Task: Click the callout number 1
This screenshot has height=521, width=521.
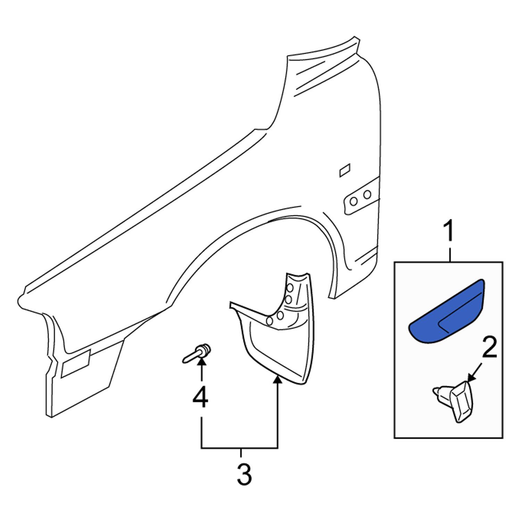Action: (x=450, y=232)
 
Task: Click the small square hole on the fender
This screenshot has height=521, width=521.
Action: (x=345, y=170)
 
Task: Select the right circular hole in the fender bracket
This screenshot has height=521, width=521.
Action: (x=367, y=195)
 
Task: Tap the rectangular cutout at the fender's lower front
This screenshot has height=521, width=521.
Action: (x=76, y=364)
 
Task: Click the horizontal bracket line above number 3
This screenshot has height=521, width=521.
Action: (x=240, y=448)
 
